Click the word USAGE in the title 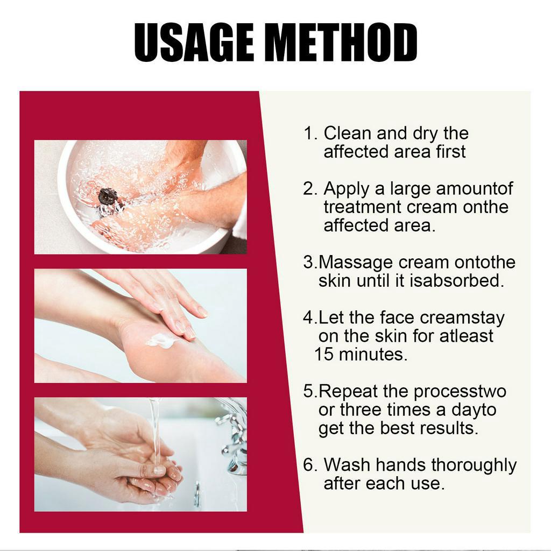[x=194, y=43]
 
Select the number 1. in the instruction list [x=310, y=133]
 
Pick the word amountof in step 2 [x=475, y=189]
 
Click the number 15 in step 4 [x=323, y=355]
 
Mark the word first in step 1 [x=451, y=152]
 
